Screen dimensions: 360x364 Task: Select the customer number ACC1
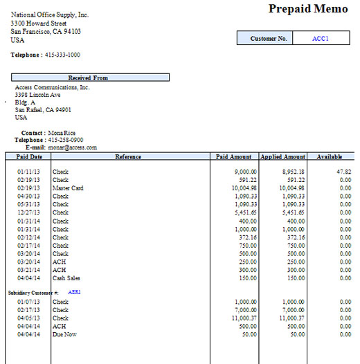pyautogui.click(x=321, y=39)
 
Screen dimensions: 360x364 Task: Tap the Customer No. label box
pyautogui.click(x=269, y=39)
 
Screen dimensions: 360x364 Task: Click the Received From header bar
pyautogui.click(x=90, y=78)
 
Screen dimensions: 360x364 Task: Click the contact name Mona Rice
pyautogui.click(x=63, y=132)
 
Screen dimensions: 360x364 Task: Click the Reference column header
pyautogui.click(x=129, y=157)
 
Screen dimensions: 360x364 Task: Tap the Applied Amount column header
pyautogui.click(x=282, y=157)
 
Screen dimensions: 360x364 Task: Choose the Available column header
pyautogui.click(x=330, y=157)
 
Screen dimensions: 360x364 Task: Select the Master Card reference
pyautogui.click(x=68, y=188)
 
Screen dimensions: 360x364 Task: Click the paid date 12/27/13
pyautogui.click(x=28, y=212)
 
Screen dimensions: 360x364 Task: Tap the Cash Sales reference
pyautogui.click(x=66, y=278)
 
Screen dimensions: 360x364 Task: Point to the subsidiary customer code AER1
pyautogui.click(x=75, y=292)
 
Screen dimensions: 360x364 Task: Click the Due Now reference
pyautogui.click(x=64, y=334)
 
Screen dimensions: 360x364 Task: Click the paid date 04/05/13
pyautogui.click(x=28, y=318)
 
